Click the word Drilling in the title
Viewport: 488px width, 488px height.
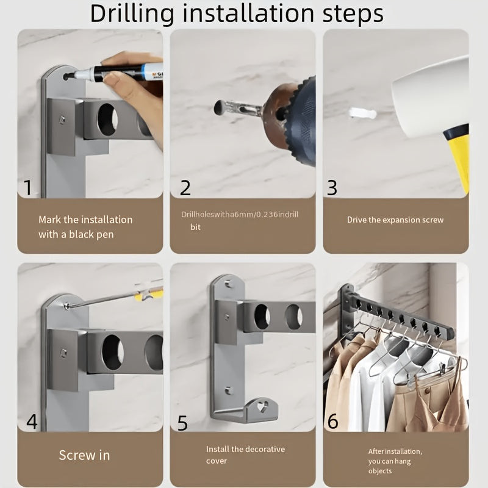[132, 14]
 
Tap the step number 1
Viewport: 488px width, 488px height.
[28, 188]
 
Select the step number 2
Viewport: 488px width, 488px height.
[185, 188]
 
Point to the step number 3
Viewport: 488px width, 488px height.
[332, 188]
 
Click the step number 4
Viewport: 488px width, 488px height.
[32, 422]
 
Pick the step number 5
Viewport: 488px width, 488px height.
[182, 423]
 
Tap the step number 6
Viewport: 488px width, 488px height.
[332, 421]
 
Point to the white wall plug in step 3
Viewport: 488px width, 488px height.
[362, 113]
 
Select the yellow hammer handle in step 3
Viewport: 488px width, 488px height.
[457, 156]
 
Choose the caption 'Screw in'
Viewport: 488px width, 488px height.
[84, 455]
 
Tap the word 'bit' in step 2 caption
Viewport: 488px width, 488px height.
[195, 227]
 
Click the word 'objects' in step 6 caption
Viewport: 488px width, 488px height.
[380, 471]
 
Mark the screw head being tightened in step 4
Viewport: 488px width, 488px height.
[66, 306]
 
